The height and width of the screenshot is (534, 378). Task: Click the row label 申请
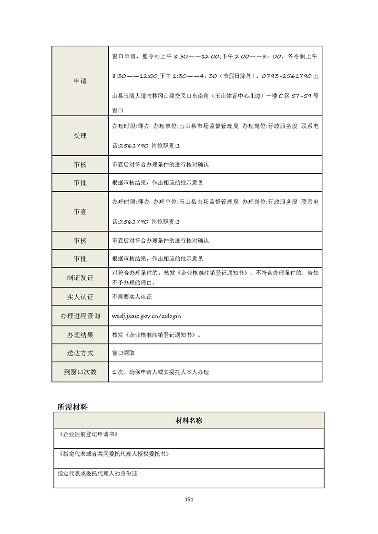coord(80,81)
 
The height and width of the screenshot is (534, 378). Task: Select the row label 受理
coord(80,136)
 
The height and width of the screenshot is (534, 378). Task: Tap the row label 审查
coord(80,212)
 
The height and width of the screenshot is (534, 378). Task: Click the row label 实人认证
coord(80,297)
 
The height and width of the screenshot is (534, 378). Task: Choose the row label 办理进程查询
coord(80,316)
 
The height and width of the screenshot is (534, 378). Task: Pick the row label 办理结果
coord(80,335)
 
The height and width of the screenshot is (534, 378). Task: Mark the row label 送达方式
coord(80,353)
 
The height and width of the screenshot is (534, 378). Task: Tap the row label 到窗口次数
coord(80,372)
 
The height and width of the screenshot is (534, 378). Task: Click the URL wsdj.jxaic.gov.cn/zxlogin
coord(146,316)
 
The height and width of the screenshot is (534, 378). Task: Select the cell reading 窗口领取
coord(123,353)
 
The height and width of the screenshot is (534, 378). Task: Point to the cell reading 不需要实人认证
coord(132,297)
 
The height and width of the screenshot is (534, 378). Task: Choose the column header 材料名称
coord(189,421)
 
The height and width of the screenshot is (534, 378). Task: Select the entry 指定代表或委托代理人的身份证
coord(97,474)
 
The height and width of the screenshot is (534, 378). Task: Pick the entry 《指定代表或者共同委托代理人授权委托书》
coord(113,454)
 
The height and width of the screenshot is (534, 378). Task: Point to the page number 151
coord(189,499)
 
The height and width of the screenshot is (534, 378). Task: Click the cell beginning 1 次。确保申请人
coord(160,372)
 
